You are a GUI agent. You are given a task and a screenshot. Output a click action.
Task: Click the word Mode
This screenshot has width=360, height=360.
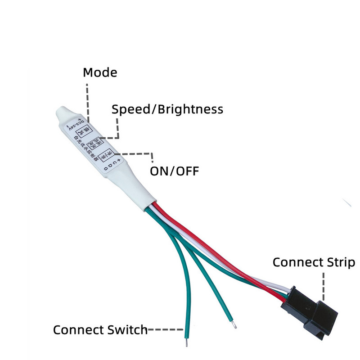point(100,72)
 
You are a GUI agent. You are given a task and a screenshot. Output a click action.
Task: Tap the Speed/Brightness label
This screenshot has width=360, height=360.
point(167,109)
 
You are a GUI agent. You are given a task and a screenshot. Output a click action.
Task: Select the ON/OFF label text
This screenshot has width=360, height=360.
point(174,171)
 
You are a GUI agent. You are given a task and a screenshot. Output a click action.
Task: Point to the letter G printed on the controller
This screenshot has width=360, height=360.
point(105,168)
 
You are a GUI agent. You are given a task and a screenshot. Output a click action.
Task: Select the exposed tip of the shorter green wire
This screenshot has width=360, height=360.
point(233,324)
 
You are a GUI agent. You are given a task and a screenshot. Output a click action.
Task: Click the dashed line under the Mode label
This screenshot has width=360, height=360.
point(87,101)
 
